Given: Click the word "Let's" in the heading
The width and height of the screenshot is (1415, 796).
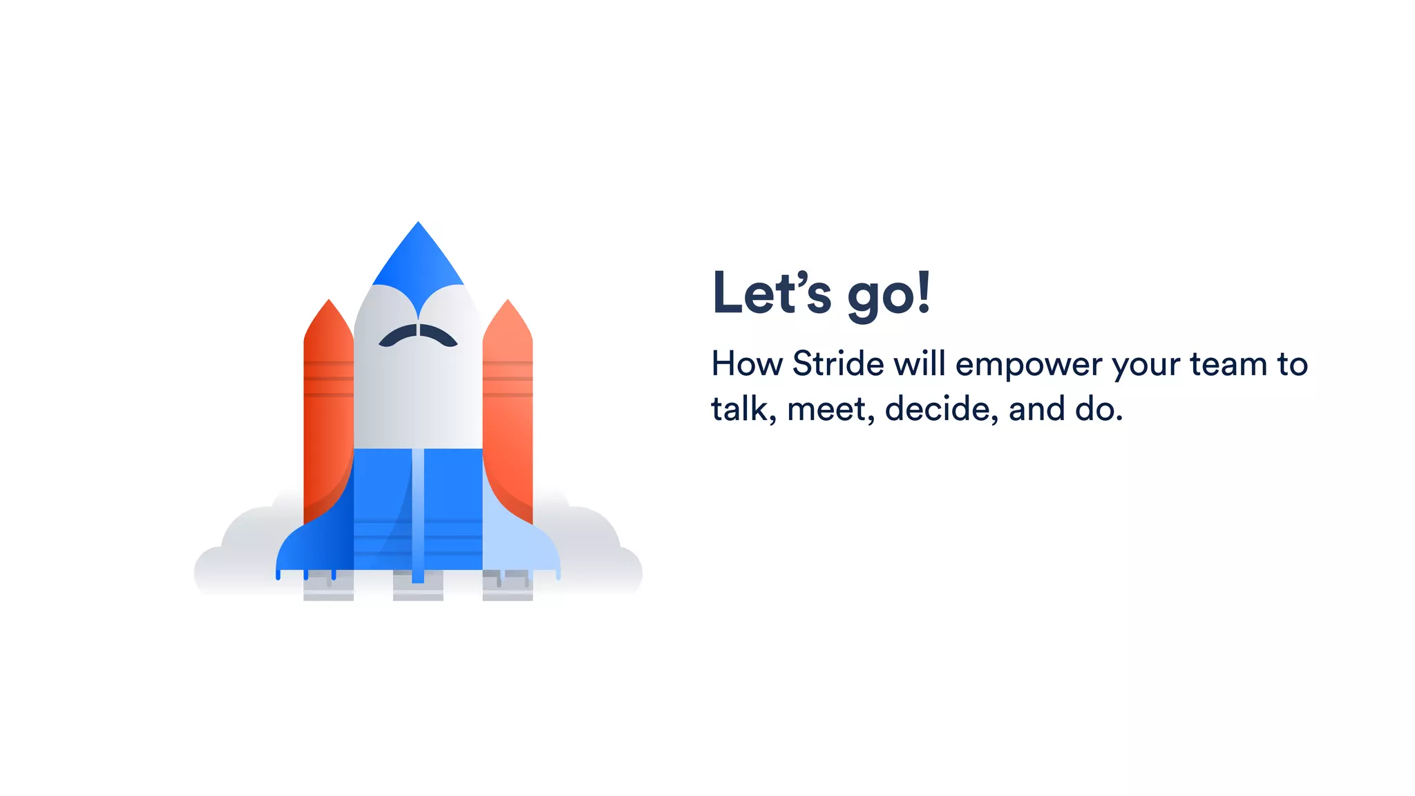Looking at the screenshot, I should pyautogui.click(x=771, y=293).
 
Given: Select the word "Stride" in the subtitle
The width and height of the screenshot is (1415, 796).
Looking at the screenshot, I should pyautogui.click(x=837, y=364).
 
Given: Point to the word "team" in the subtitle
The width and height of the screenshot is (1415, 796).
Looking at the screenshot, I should pyautogui.click(x=1228, y=364).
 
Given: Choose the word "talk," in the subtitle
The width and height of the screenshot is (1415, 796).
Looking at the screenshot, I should pyautogui.click(x=739, y=408).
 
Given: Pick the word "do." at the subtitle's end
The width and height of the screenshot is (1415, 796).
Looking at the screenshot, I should pyautogui.click(x=1099, y=408).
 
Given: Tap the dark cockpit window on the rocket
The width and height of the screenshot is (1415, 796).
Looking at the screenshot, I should pyautogui.click(x=418, y=335).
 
